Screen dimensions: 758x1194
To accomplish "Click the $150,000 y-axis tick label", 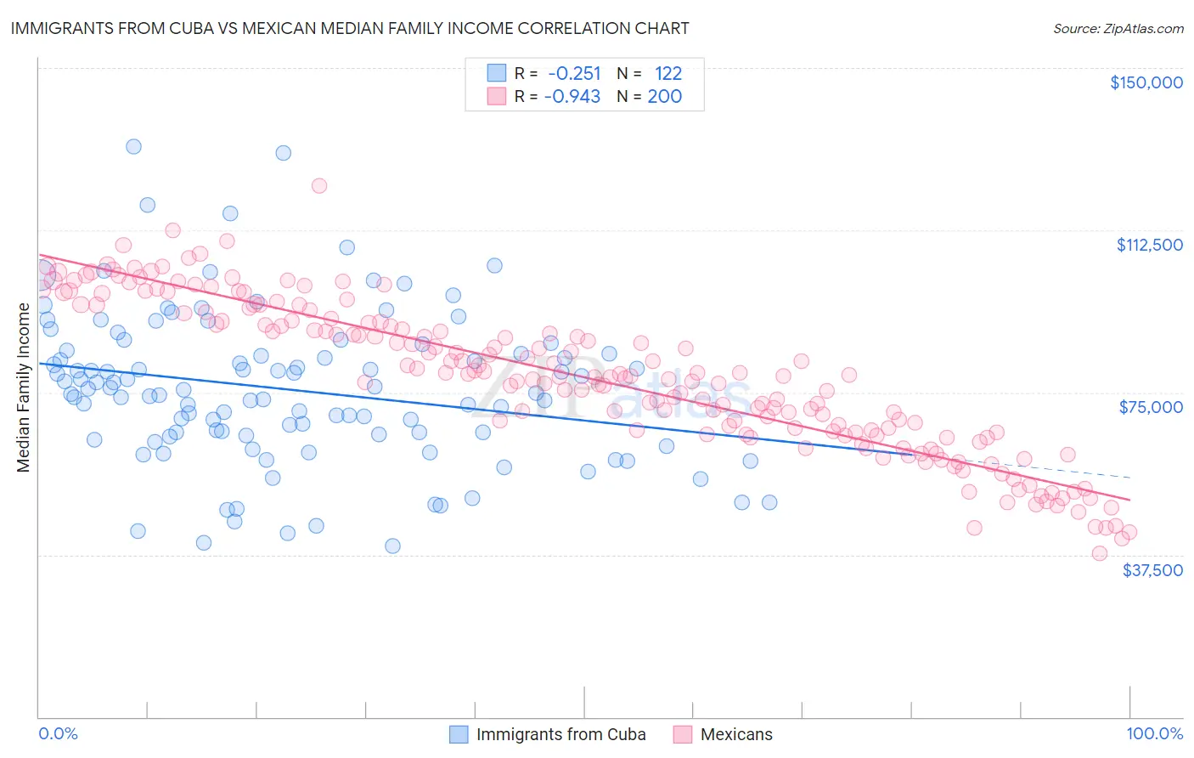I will tap(1146, 82).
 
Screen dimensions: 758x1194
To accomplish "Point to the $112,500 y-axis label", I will tap(1149, 245).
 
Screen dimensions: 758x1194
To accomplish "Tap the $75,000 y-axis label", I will tap(1151, 407).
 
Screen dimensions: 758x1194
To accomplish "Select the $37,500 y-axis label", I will tap(1152, 570).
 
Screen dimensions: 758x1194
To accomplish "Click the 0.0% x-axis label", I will tap(58, 733).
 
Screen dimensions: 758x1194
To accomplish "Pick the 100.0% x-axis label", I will tap(1154, 733).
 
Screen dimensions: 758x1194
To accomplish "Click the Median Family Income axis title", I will tap(24, 387).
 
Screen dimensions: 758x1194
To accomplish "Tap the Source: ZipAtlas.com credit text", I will tap(1118, 29).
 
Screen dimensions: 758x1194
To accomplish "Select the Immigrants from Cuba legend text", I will tap(560, 734).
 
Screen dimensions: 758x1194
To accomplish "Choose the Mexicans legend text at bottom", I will tap(736, 734).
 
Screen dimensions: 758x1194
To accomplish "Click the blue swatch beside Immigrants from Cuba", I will tap(459, 734).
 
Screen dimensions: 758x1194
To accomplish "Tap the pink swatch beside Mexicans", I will tap(683, 734).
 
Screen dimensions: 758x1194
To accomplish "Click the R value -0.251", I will tap(574, 73).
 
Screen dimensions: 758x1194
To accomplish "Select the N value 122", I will tap(667, 73).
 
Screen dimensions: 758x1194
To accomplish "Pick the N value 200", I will tap(665, 96).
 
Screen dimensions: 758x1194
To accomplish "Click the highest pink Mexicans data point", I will tap(319, 185).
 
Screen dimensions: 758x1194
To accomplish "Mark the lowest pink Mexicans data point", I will tap(1100, 553).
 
